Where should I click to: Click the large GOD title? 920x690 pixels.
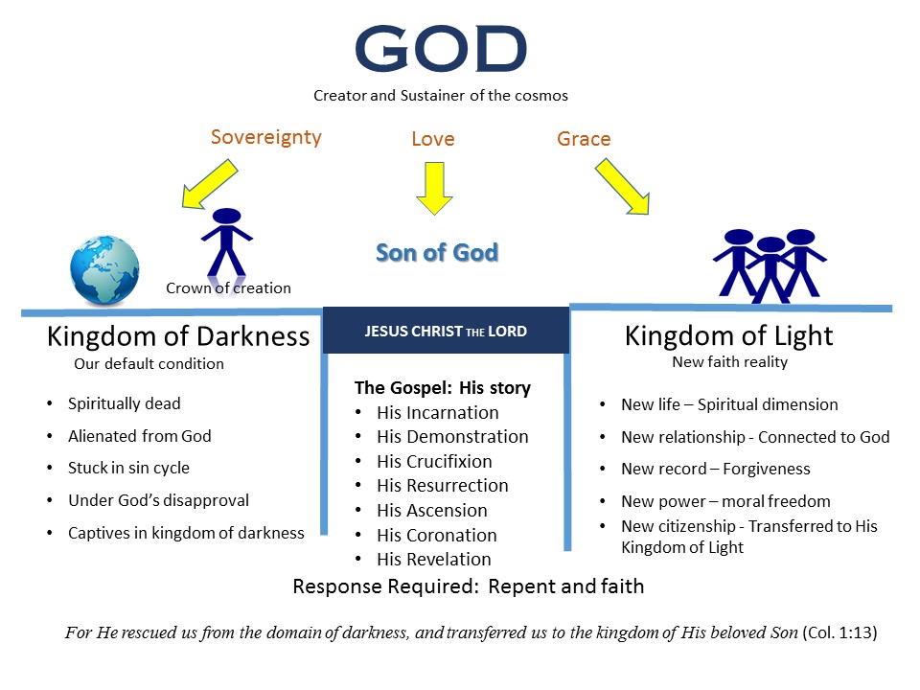(441, 49)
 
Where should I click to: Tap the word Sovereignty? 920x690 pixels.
(265, 137)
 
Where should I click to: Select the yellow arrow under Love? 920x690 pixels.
(434, 189)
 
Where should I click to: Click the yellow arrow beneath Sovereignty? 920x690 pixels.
(210, 184)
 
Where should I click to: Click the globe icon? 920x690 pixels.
(104, 270)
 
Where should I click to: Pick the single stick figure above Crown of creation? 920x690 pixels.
(226, 241)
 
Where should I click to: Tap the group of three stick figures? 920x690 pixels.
(770, 265)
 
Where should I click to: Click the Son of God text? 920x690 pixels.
(437, 253)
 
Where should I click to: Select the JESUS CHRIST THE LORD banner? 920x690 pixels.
(446, 331)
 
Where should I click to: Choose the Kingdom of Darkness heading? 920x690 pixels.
(178, 336)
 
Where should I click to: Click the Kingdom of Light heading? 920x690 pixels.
(728, 336)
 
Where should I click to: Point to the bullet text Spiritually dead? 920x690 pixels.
(124, 403)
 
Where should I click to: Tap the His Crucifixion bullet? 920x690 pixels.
(434, 461)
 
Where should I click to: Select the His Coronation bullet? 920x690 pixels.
(437, 535)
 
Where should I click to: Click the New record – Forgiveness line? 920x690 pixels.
(715, 469)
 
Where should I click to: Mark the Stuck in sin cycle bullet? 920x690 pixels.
(128, 468)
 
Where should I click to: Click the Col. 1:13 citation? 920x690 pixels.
(839, 632)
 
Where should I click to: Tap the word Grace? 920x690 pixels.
(584, 139)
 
